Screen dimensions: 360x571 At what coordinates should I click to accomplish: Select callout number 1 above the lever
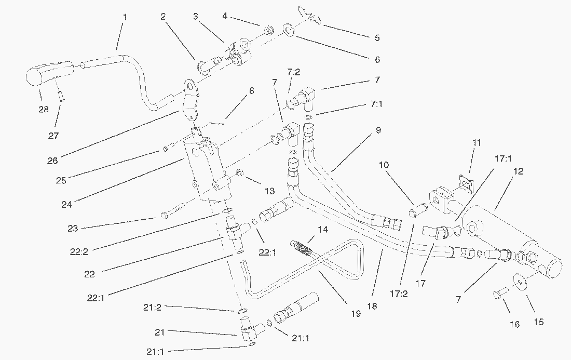point(125,17)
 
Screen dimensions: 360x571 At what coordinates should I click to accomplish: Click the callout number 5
point(377,37)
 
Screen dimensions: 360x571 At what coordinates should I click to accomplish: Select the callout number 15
point(539,322)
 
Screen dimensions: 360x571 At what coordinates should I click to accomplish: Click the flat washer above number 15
point(521,281)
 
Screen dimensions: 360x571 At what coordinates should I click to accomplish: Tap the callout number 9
point(378,130)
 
